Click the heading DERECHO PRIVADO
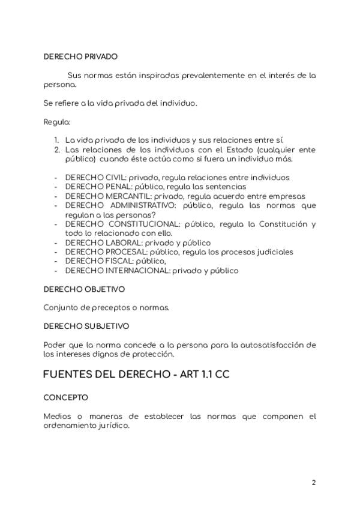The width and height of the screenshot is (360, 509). pyautogui.click(x=80, y=57)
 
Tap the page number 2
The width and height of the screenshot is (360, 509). pyautogui.click(x=313, y=482)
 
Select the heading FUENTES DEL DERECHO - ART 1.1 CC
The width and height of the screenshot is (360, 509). pyautogui.click(x=136, y=375)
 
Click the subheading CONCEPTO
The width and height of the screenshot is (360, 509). pyautogui.click(x=66, y=397)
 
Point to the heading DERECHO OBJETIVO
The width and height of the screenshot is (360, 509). pyautogui.click(x=84, y=289)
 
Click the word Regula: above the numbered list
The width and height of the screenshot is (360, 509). pyautogui.click(x=57, y=122)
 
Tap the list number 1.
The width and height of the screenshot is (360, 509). pyautogui.click(x=57, y=140)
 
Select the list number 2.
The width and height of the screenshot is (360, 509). pyautogui.click(x=57, y=149)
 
